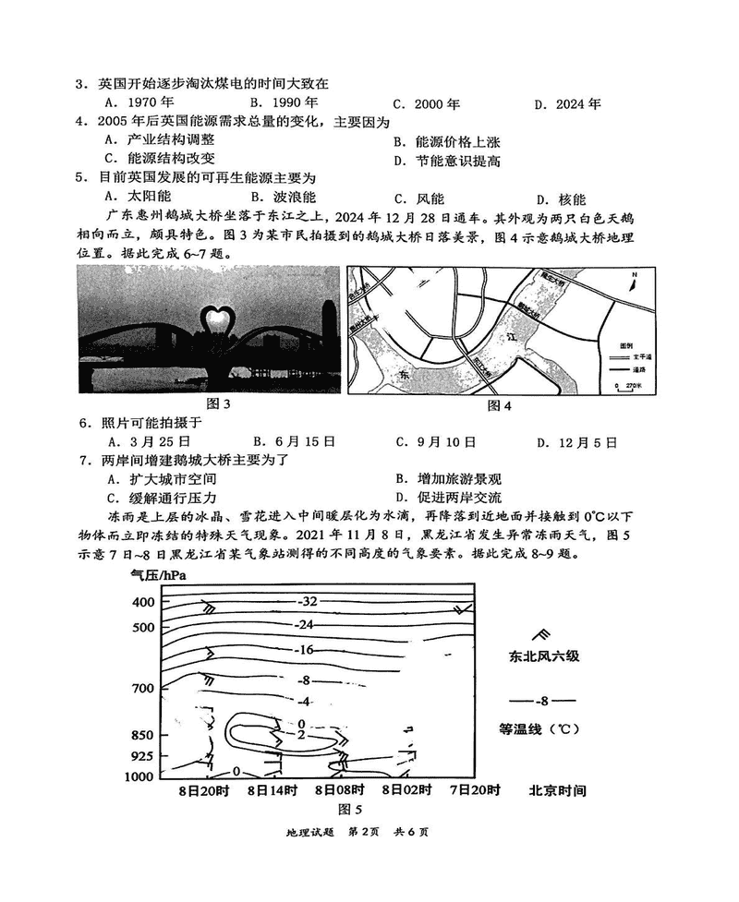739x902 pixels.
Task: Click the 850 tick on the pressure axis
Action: pyautogui.click(x=143, y=735)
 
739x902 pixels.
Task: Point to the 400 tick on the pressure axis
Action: pyautogui.click(x=143, y=602)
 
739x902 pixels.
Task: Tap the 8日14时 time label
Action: pyautogui.click(x=272, y=790)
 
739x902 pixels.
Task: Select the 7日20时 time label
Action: pyautogui.click(x=475, y=790)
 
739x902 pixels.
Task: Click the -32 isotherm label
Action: pyautogui.click(x=308, y=601)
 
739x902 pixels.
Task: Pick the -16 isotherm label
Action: pyautogui.click(x=305, y=650)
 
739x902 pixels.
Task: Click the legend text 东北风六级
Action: pyautogui.click(x=542, y=657)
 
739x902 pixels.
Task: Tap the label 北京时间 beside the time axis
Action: pyautogui.click(x=557, y=790)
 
